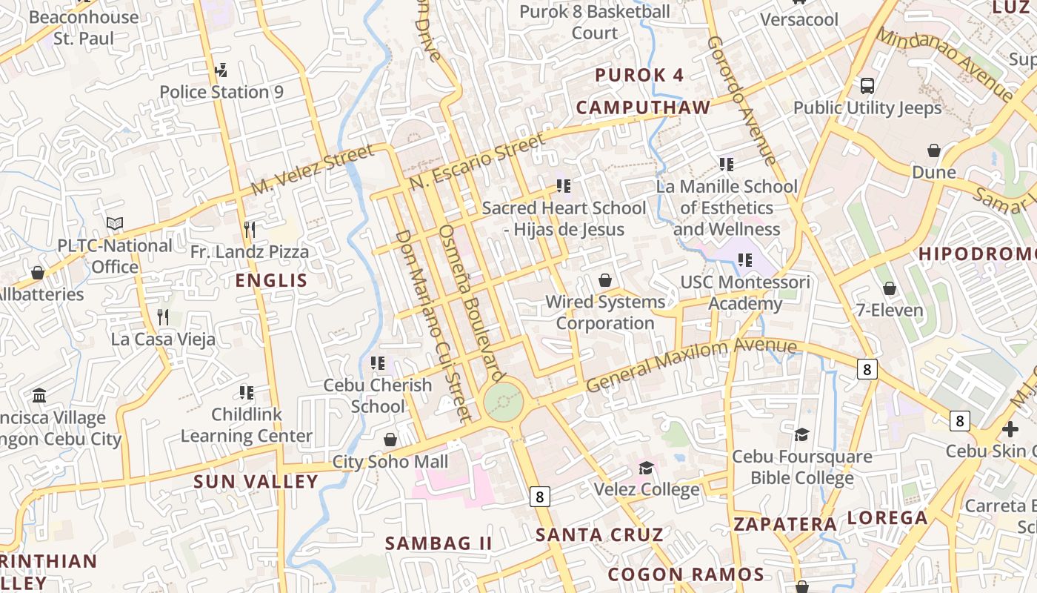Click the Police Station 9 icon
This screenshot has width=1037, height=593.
pyautogui.click(x=220, y=70)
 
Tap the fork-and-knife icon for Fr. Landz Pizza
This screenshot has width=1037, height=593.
pyautogui.click(x=250, y=229)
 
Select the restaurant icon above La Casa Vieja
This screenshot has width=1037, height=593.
pyautogui.click(x=164, y=317)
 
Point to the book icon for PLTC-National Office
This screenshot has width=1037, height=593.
pyautogui.click(x=115, y=223)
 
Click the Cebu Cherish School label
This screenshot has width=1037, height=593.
pyautogui.click(x=378, y=396)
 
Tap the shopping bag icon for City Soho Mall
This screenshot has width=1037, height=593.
pyautogui.click(x=390, y=440)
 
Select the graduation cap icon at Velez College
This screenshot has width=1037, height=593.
pyautogui.click(x=647, y=468)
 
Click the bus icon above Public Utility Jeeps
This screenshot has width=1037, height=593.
pyautogui.click(x=867, y=86)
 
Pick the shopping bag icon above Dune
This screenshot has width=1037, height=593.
pyautogui.click(x=934, y=150)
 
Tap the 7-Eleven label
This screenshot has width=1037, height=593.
pyautogui.click(x=890, y=311)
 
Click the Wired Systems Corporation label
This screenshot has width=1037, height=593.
pyautogui.click(x=605, y=313)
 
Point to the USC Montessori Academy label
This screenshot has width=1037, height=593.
pyautogui.click(x=745, y=293)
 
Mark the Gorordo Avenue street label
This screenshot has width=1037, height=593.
pyautogui.click(x=741, y=100)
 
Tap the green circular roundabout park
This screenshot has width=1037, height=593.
pyautogui.click(x=504, y=402)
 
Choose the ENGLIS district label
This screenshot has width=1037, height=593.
pyautogui.click(x=271, y=280)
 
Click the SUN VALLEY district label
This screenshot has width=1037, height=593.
pyautogui.click(x=256, y=482)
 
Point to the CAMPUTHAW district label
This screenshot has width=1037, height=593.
pyautogui.click(x=643, y=107)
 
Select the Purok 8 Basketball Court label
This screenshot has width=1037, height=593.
pyautogui.click(x=595, y=22)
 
